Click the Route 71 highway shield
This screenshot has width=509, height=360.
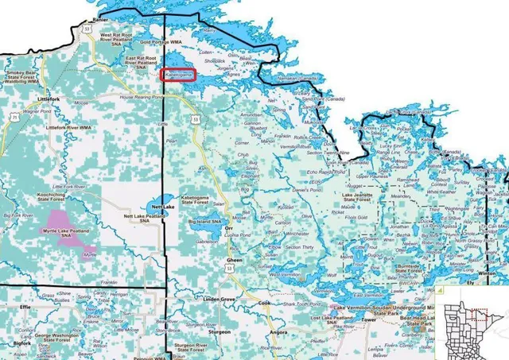14,116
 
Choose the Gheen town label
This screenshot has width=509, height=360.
235,261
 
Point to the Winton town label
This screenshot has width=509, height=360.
488,273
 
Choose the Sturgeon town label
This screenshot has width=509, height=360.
217,331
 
